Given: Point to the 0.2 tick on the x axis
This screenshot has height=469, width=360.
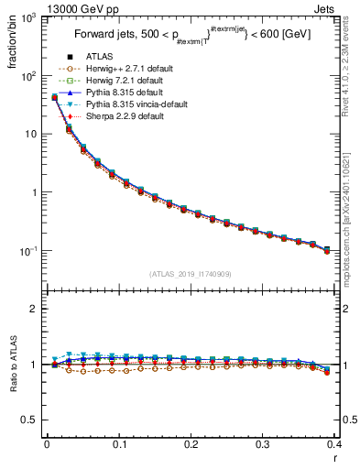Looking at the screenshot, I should (191, 445).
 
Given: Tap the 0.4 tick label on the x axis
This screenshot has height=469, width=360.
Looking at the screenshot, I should (334, 445).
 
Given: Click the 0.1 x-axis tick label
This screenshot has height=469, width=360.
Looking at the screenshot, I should (119, 445).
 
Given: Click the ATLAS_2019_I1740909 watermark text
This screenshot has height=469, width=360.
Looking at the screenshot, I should (191, 273).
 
